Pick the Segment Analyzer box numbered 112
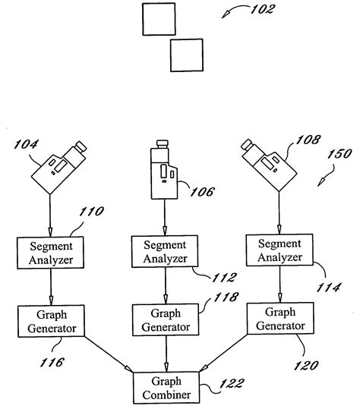coord(165,252)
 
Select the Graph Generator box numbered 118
coord(165,320)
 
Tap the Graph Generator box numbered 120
coord(276,319)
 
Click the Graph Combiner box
coord(165,388)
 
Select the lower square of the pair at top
coord(186,55)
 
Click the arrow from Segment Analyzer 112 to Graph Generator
coord(165,286)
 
